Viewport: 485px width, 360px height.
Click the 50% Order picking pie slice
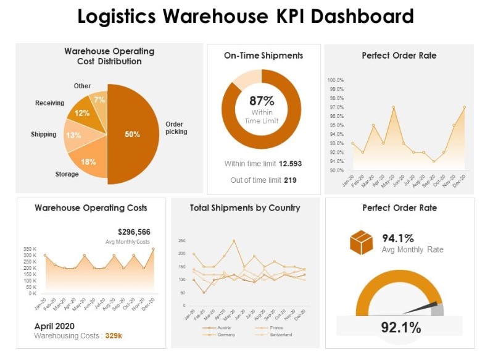pos(133,134)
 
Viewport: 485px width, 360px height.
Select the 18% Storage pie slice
pos(88,162)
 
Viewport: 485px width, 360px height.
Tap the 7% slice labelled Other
pos(99,99)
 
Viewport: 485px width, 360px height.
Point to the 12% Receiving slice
pos(83,113)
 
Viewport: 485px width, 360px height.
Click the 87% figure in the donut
pos(262,101)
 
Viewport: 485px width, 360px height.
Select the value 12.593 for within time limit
pos(290,164)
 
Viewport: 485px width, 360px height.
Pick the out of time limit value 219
pos(290,180)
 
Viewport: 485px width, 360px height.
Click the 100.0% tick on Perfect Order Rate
pos(335,80)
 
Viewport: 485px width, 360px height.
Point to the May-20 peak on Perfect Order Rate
pos(393,107)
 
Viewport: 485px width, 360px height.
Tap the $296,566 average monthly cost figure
pos(134,232)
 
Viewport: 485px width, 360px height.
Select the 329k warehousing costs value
pos(114,336)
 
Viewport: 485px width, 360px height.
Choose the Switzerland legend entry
pos(280,334)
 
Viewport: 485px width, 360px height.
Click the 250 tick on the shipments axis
pos(181,240)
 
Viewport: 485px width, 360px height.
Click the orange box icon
pos(362,243)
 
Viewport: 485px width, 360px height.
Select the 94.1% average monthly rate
pos(398,238)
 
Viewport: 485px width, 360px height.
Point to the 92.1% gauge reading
pos(400,327)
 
